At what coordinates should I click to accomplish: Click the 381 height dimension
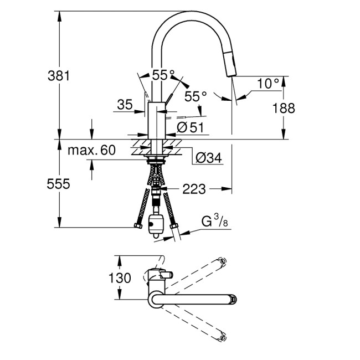click(58, 76)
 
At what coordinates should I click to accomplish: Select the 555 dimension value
click(58, 184)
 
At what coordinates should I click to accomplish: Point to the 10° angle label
click(268, 84)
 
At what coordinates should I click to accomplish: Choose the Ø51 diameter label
click(190, 127)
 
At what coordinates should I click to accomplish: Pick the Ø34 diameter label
click(208, 158)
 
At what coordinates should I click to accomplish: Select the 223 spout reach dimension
click(194, 189)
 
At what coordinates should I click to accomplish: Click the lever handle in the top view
click(166, 274)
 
